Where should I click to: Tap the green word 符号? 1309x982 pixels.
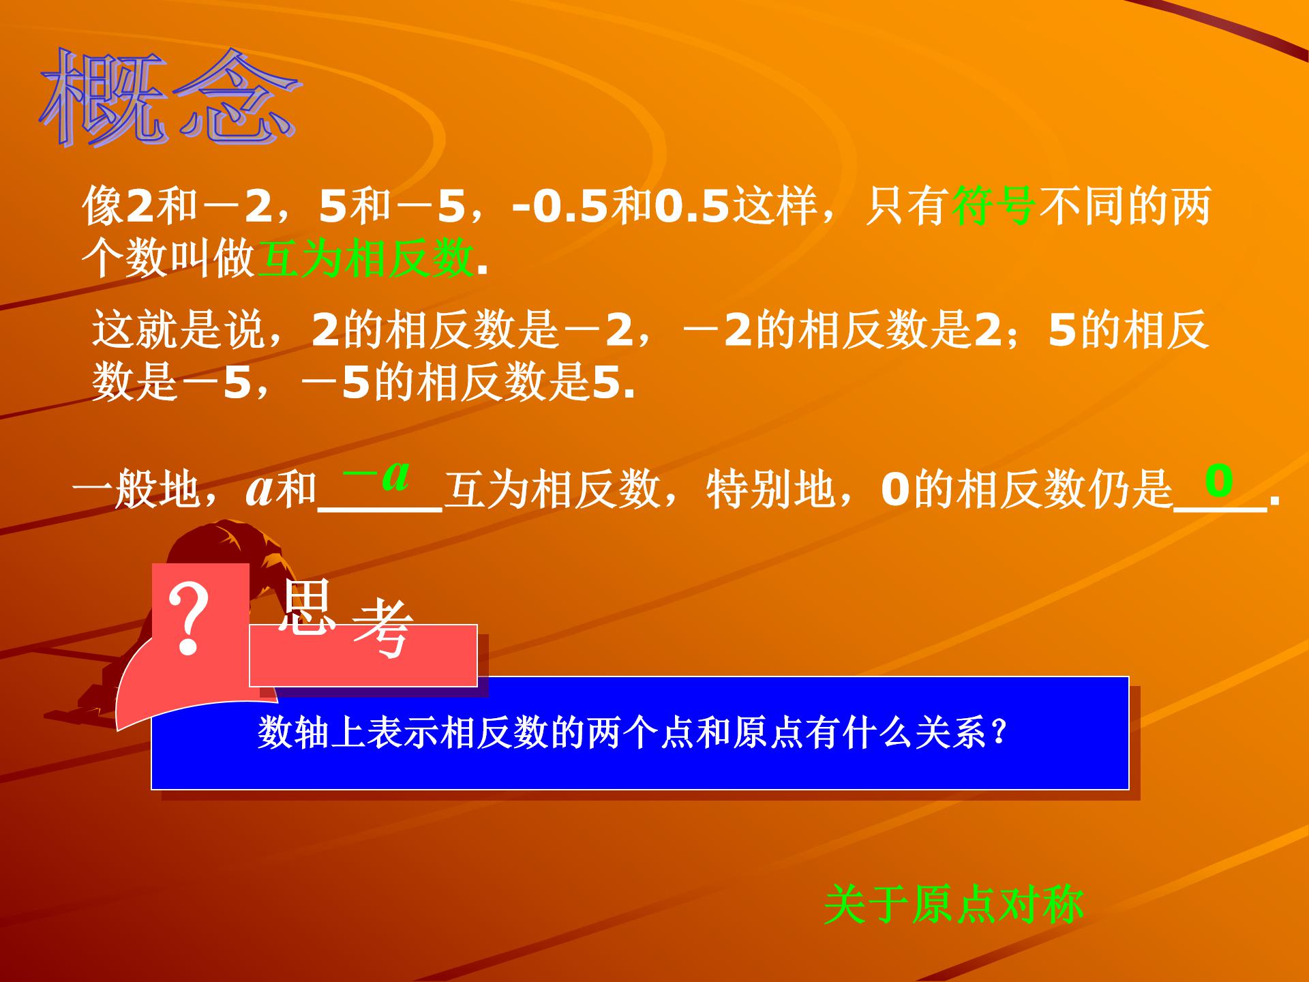coord(994,205)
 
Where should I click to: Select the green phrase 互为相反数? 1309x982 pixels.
coord(365,259)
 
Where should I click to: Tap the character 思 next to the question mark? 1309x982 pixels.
coord(307,607)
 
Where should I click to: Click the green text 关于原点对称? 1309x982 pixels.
coord(953,905)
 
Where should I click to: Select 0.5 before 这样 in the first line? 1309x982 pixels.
coord(692,205)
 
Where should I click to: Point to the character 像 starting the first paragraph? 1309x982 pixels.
coord(102,205)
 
